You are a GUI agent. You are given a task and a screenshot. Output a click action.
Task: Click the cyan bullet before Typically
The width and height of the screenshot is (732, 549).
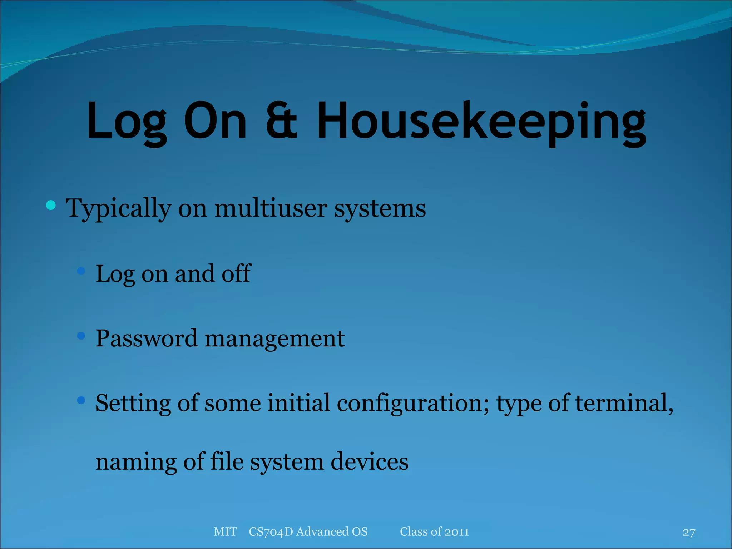[51, 205]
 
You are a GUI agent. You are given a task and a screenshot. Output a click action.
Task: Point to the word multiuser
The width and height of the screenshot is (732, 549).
[270, 208]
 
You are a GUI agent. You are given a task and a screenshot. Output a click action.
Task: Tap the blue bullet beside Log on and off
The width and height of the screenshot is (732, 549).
[81, 271]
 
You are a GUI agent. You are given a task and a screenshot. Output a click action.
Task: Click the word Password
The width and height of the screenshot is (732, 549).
[146, 338]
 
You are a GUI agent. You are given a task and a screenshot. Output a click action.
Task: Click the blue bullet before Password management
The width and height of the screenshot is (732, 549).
[81, 336]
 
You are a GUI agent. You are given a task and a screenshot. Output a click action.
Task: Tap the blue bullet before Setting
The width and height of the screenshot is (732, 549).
[81, 400]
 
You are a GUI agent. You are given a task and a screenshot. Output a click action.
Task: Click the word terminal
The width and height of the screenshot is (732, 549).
[624, 403]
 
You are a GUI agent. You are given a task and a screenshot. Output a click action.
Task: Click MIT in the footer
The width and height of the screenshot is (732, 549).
[225, 532]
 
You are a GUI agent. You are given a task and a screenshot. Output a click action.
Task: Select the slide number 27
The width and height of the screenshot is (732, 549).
[689, 533]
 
